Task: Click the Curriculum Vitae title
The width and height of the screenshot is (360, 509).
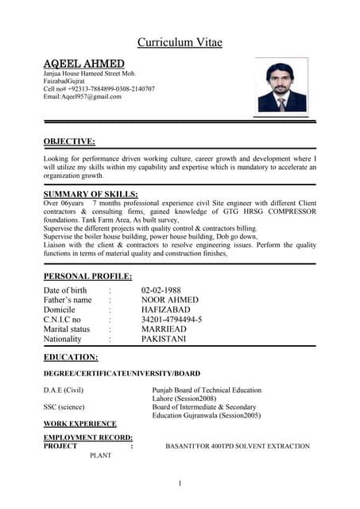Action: pos(180,42)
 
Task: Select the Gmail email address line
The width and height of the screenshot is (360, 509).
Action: pos(83,97)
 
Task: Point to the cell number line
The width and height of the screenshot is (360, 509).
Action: pos(99,89)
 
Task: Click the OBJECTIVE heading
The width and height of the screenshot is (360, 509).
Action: pos(69,142)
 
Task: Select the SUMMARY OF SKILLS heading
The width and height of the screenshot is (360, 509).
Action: pos(91,194)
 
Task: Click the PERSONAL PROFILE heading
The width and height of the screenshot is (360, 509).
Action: pos(87,276)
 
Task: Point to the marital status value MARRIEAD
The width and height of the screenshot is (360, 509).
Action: pos(169,329)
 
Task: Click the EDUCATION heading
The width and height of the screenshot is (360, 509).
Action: pos(71,357)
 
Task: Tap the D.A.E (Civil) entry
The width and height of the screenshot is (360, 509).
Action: pos(64,390)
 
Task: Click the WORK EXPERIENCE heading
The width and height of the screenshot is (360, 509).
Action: pos(79,424)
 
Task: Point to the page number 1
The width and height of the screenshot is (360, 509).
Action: pos(180,484)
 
